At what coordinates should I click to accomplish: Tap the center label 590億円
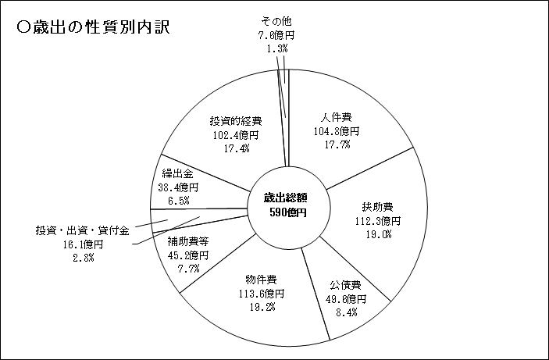[x=288, y=212]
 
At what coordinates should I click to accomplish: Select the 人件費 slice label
[x=337, y=117]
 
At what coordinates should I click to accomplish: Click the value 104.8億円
[x=337, y=131]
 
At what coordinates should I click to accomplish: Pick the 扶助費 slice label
[x=378, y=207]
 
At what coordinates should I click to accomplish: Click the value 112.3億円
[x=378, y=221]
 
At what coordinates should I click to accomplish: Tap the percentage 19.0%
[x=379, y=234]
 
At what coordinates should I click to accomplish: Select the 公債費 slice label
[x=346, y=285]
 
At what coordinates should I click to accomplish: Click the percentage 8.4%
[x=346, y=312]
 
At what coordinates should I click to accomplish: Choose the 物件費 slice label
[x=261, y=280]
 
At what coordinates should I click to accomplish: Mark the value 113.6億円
[x=262, y=294]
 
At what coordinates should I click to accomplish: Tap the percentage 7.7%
[x=188, y=269]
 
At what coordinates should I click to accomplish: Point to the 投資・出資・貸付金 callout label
[x=83, y=231]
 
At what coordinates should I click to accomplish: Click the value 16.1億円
[x=84, y=244]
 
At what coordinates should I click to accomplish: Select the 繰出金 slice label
[x=178, y=173]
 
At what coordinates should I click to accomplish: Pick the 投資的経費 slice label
[x=236, y=121]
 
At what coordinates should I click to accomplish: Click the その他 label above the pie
[x=276, y=22]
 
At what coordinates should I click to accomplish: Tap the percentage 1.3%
[x=277, y=48]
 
